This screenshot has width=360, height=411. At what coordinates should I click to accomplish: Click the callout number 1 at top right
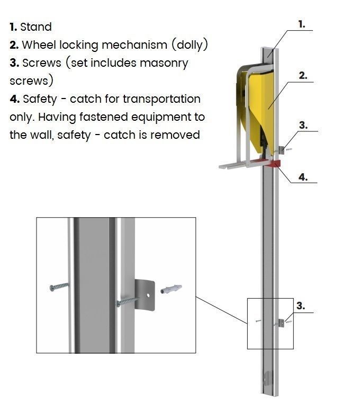(x=302, y=24)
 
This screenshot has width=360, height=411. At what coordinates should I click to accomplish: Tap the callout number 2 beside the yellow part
(x=303, y=75)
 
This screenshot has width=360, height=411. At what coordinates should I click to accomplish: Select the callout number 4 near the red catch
(x=302, y=177)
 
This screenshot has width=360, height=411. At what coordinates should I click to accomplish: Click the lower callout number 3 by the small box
(x=301, y=306)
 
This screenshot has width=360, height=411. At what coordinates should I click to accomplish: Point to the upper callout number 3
(x=303, y=126)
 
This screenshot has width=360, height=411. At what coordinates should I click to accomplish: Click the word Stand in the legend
(x=36, y=27)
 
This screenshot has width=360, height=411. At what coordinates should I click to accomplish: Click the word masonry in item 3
(x=164, y=63)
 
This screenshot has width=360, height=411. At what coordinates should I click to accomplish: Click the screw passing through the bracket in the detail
(x=127, y=302)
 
